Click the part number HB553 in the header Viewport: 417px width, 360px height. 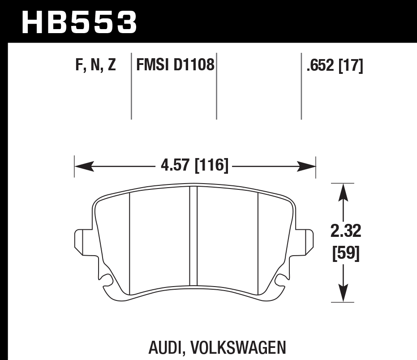79,22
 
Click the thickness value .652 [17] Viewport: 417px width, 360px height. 334,66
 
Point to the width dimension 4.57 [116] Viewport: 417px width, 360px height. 194,166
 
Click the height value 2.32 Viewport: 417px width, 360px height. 346,231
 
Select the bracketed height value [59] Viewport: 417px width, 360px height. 346,254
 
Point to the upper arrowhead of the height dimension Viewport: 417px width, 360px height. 343,191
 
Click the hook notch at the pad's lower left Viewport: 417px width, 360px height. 106,281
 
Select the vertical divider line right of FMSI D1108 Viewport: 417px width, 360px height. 216,87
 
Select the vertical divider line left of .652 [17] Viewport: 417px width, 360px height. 301,87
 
